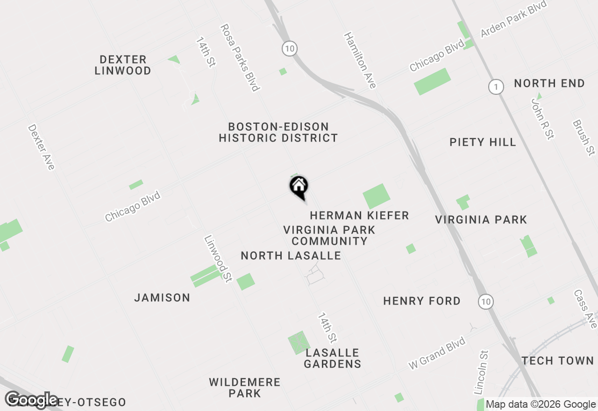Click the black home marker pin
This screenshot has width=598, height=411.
coord(299,187)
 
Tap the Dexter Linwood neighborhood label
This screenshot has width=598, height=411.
coord(123,65)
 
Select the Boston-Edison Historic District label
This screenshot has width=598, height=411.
coord(278,132)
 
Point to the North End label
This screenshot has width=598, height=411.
coord(549,84)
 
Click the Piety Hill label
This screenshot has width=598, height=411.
coord(483,142)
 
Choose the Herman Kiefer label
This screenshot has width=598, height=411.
coord(359,215)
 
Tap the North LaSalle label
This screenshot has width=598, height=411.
coord(291,256)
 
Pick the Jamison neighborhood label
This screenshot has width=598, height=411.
coord(162,298)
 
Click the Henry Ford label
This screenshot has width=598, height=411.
coord(422,301)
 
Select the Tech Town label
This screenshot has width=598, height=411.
coord(558,361)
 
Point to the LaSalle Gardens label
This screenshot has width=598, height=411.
coord(332,358)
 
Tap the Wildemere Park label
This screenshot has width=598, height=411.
coord(245,388)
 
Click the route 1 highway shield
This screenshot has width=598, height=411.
coord(496,86)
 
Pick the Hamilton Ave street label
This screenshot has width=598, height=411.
coord(360,60)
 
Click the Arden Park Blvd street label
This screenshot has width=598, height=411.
coord(513,20)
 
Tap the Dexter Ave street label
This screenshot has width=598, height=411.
coord(41,147)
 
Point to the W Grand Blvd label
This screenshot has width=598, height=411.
coord(437,354)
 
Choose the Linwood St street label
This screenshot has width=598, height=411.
coord(218,259)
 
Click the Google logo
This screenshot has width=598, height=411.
coord(32,400)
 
